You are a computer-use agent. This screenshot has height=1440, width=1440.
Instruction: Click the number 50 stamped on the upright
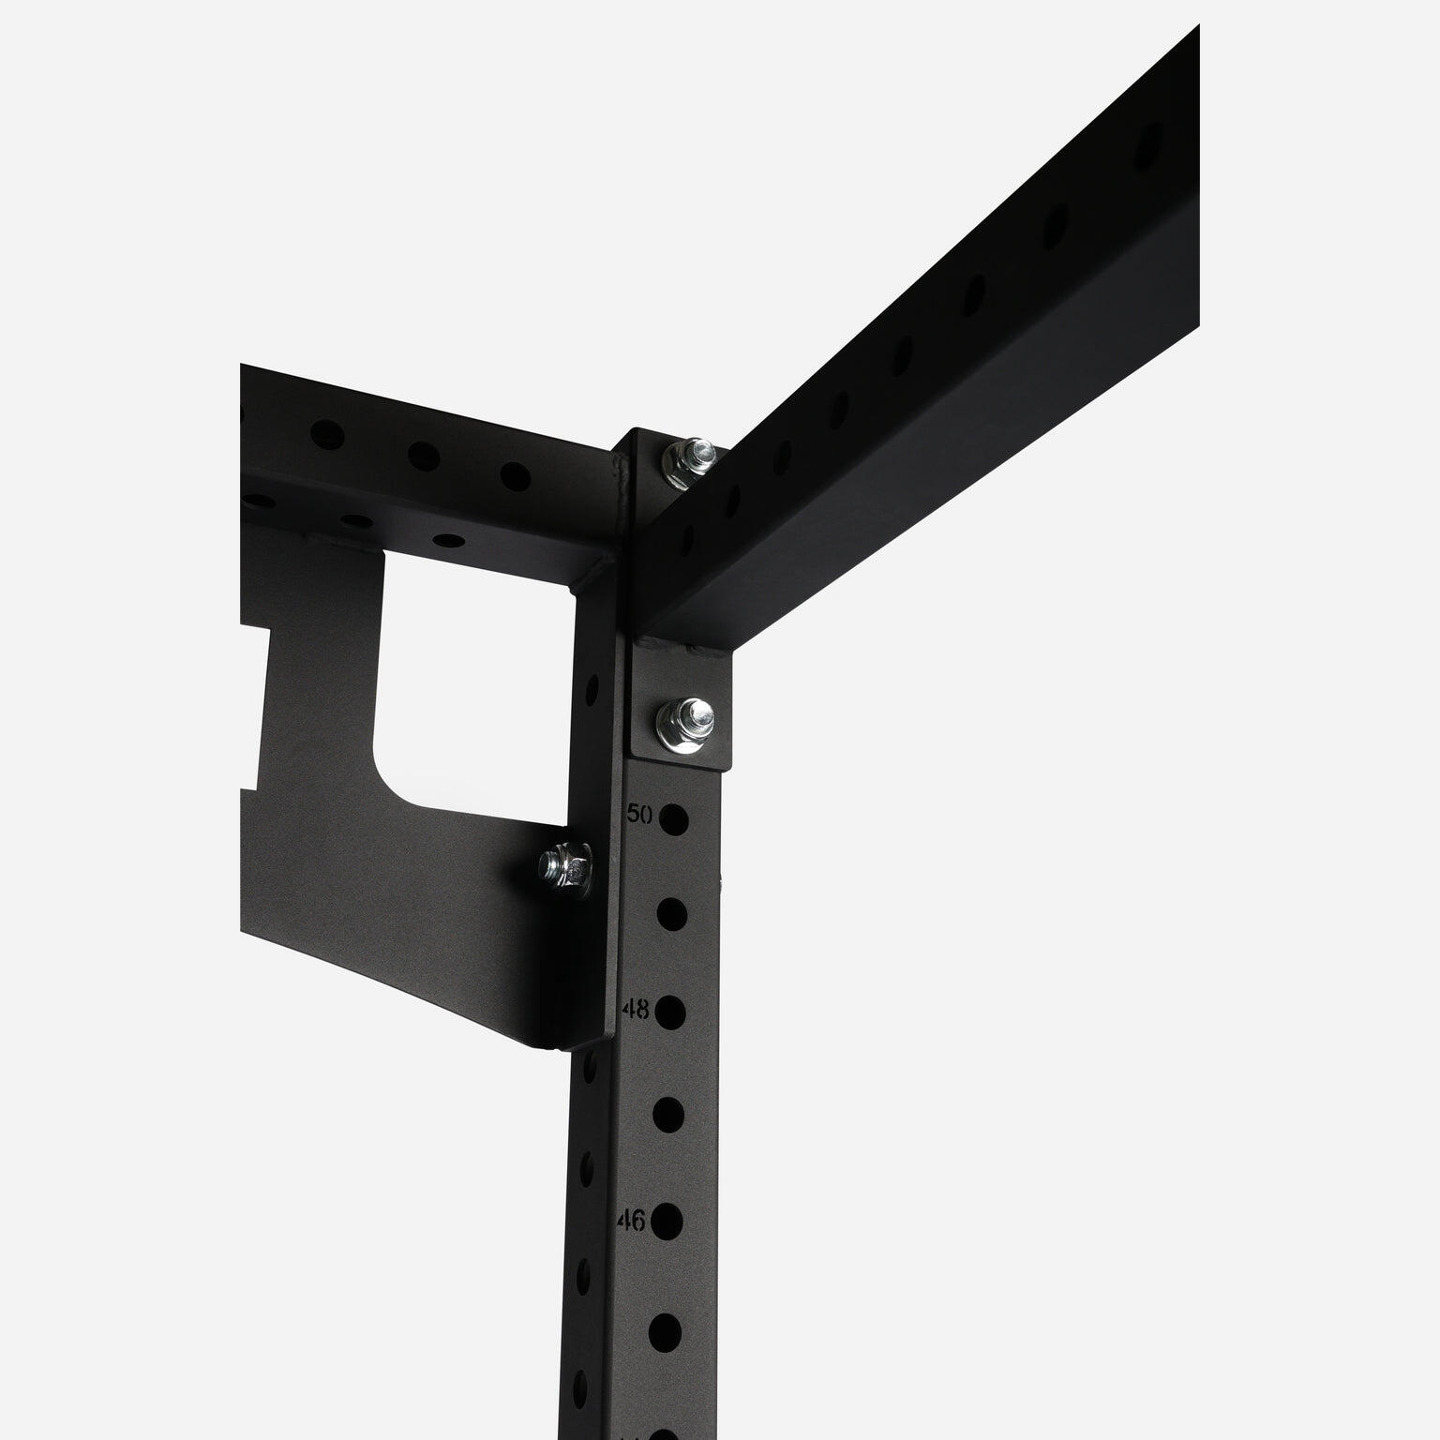(x=639, y=814)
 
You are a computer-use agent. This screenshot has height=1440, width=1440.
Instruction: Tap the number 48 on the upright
(x=636, y=1010)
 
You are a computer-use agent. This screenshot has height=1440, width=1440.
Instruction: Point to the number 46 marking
(x=631, y=1220)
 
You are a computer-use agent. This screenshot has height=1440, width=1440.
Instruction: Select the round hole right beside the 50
(x=672, y=819)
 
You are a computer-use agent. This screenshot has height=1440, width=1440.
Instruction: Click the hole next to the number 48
(x=669, y=1012)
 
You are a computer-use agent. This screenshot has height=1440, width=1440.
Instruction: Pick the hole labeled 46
(x=666, y=1221)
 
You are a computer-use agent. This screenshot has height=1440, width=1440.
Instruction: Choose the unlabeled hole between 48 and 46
(x=667, y=1114)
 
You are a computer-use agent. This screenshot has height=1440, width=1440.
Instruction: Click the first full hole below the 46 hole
(x=664, y=1328)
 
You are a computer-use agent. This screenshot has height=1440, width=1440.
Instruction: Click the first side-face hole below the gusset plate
(x=590, y=1064)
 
